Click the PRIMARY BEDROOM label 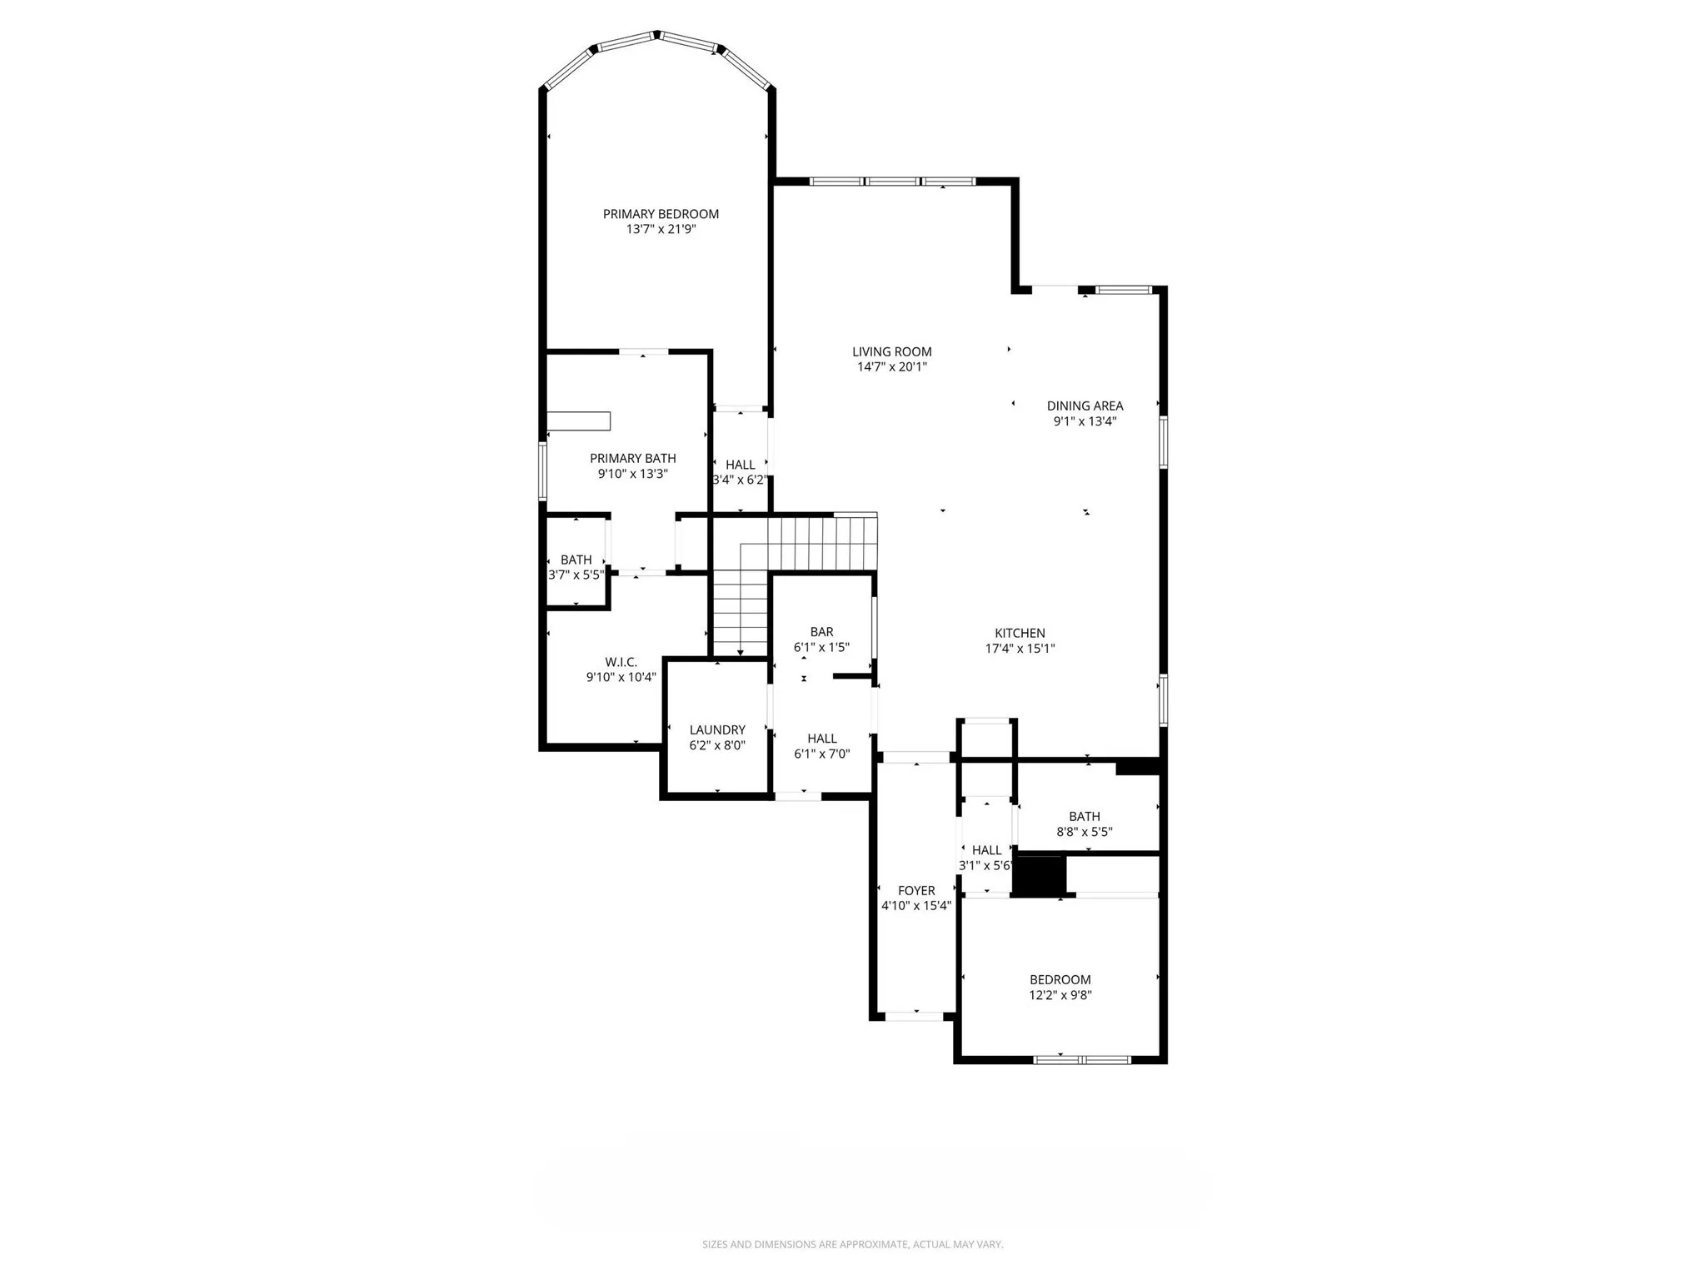[661, 214]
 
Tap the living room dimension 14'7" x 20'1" [891, 367]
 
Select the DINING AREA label [1085, 406]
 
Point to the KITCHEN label [1020, 633]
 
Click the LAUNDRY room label [716, 730]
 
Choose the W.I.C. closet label [621, 662]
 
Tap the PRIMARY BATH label [632, 459]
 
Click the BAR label [821, 632]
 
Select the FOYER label [915, 891]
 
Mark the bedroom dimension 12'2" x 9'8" [1060, 995]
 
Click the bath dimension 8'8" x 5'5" [1084, 832]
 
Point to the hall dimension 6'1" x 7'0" [821, 754]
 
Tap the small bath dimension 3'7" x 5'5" [576, 575]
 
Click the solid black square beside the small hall [1039, 876]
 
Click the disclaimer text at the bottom [852, 1244]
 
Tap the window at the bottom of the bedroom [1081, 1060]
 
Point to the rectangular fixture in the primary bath [578, 421]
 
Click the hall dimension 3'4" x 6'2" [740, 480]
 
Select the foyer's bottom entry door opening [915, 1017]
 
